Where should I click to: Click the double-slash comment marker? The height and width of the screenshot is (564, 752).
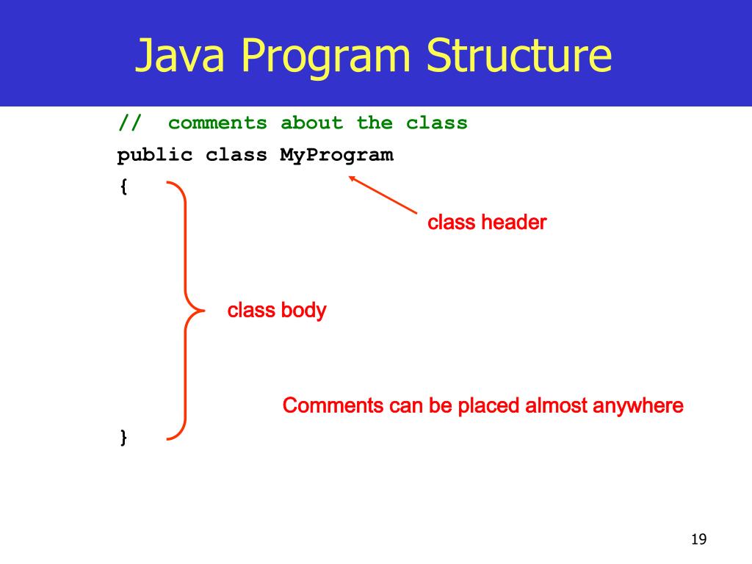(130, 123)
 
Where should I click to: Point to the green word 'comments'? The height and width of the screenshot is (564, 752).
(217, 123)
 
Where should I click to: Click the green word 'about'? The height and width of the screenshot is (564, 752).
(311, 123)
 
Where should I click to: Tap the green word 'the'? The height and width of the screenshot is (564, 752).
(375, 123)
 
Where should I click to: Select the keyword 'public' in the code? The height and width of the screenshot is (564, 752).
(155, 155)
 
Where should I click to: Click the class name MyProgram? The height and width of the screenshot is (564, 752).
(336, 155)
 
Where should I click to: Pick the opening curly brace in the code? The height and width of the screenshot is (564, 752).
(123, 187)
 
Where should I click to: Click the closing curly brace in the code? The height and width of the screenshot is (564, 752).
(123, 438)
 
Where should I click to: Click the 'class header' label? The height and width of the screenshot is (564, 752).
(487, 223)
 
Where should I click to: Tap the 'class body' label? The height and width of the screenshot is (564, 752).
(277, 311)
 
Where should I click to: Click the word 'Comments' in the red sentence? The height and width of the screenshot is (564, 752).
(333, 405)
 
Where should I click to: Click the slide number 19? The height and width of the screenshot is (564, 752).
(698, 540)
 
